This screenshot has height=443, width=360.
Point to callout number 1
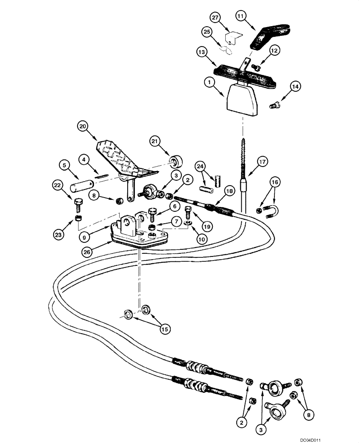point(209,82)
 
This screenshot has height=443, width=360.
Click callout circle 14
point(294,86)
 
